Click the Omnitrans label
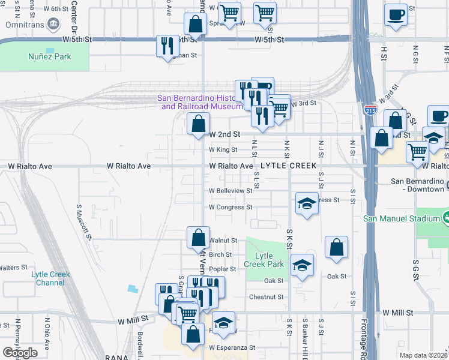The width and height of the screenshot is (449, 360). click(x=23, y=25)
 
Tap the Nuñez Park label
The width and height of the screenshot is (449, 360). click(x=49, y=56)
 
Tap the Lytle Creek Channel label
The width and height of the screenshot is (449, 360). click(x=50, y=278)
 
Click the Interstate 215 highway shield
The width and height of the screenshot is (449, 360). click(x=370, y=110)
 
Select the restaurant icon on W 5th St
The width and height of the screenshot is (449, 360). click(x=167, y=46)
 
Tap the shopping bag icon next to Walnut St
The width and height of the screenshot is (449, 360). click(x=198, y=238)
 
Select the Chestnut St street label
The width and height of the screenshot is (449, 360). click(x=266, y=297)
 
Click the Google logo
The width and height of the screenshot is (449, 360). click(x=20, y=353)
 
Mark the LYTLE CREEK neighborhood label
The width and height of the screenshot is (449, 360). click(x=284, y=166)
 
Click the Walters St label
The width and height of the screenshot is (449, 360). click(x=13, y=268)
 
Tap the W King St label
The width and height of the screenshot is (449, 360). click(x=223, y=150)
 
